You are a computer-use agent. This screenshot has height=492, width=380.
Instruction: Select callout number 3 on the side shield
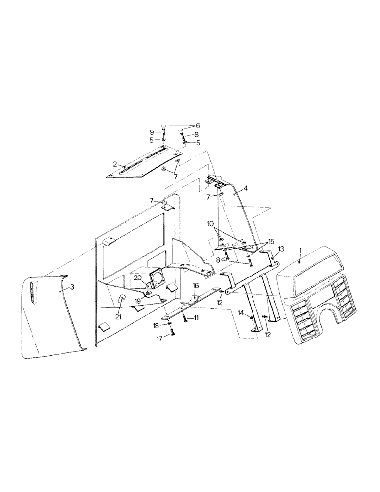coord(72,287)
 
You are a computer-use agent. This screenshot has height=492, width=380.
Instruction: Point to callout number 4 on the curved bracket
coord(246,189)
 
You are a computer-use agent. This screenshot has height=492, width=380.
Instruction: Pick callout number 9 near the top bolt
coord(152,132)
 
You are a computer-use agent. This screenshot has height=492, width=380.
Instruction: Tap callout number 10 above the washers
coord(211,224)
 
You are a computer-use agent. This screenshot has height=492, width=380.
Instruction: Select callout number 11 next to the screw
coord(195,319)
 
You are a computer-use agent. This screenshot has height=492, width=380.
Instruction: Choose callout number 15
coord(270,242)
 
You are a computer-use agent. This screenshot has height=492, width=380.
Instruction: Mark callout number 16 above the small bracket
coord(195,285)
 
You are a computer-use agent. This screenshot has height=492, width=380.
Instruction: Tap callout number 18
coord(156,326)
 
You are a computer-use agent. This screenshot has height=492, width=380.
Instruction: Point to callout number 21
coord(118,317)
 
